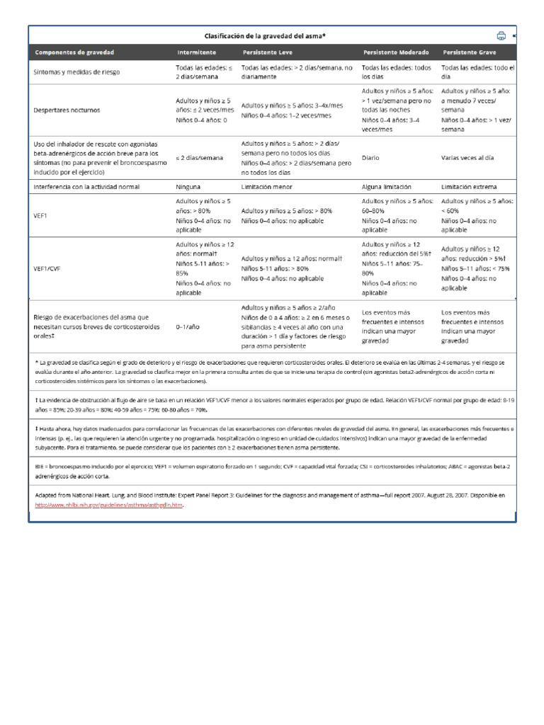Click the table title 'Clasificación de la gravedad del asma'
pos(265,35)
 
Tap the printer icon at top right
pos(501,35)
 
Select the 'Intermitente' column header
pos(197,53)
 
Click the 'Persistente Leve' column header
pos(268,53)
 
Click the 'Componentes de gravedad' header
pos(74,53)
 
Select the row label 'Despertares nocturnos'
pos(67,110)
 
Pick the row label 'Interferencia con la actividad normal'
pos(86,187)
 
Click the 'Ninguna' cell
pos(188,187)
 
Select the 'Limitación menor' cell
pos(267,187)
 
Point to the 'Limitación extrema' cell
pos(470,187)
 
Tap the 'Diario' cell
pos(370,159)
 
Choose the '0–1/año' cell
pos(189,328)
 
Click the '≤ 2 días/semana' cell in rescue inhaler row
pos(201,159)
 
